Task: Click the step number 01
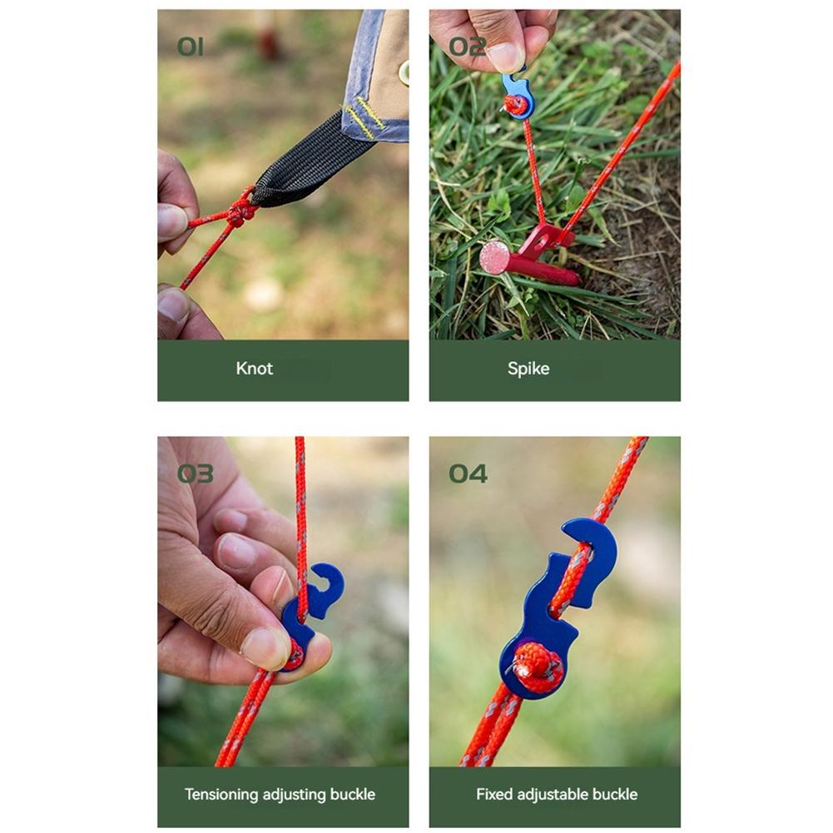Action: point(190,47)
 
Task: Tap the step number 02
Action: point(467,47)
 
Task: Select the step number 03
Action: point(195,474)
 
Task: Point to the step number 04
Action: point(468,474)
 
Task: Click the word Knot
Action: point(254,369)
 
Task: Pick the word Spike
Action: point(528,369)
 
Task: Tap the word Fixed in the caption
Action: point(493,795)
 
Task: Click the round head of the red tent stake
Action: point(494,257)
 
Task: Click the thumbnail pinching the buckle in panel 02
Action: point(505,57)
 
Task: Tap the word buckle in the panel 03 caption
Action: point(353,795)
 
